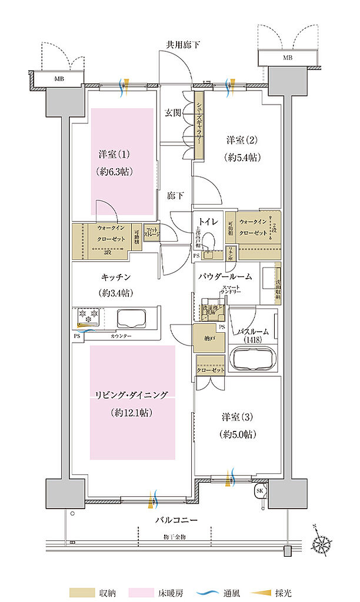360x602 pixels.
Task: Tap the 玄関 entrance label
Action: click(174, 113)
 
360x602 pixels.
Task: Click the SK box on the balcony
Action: click(259, 490)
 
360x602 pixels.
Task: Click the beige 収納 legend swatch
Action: click(78, 591)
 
